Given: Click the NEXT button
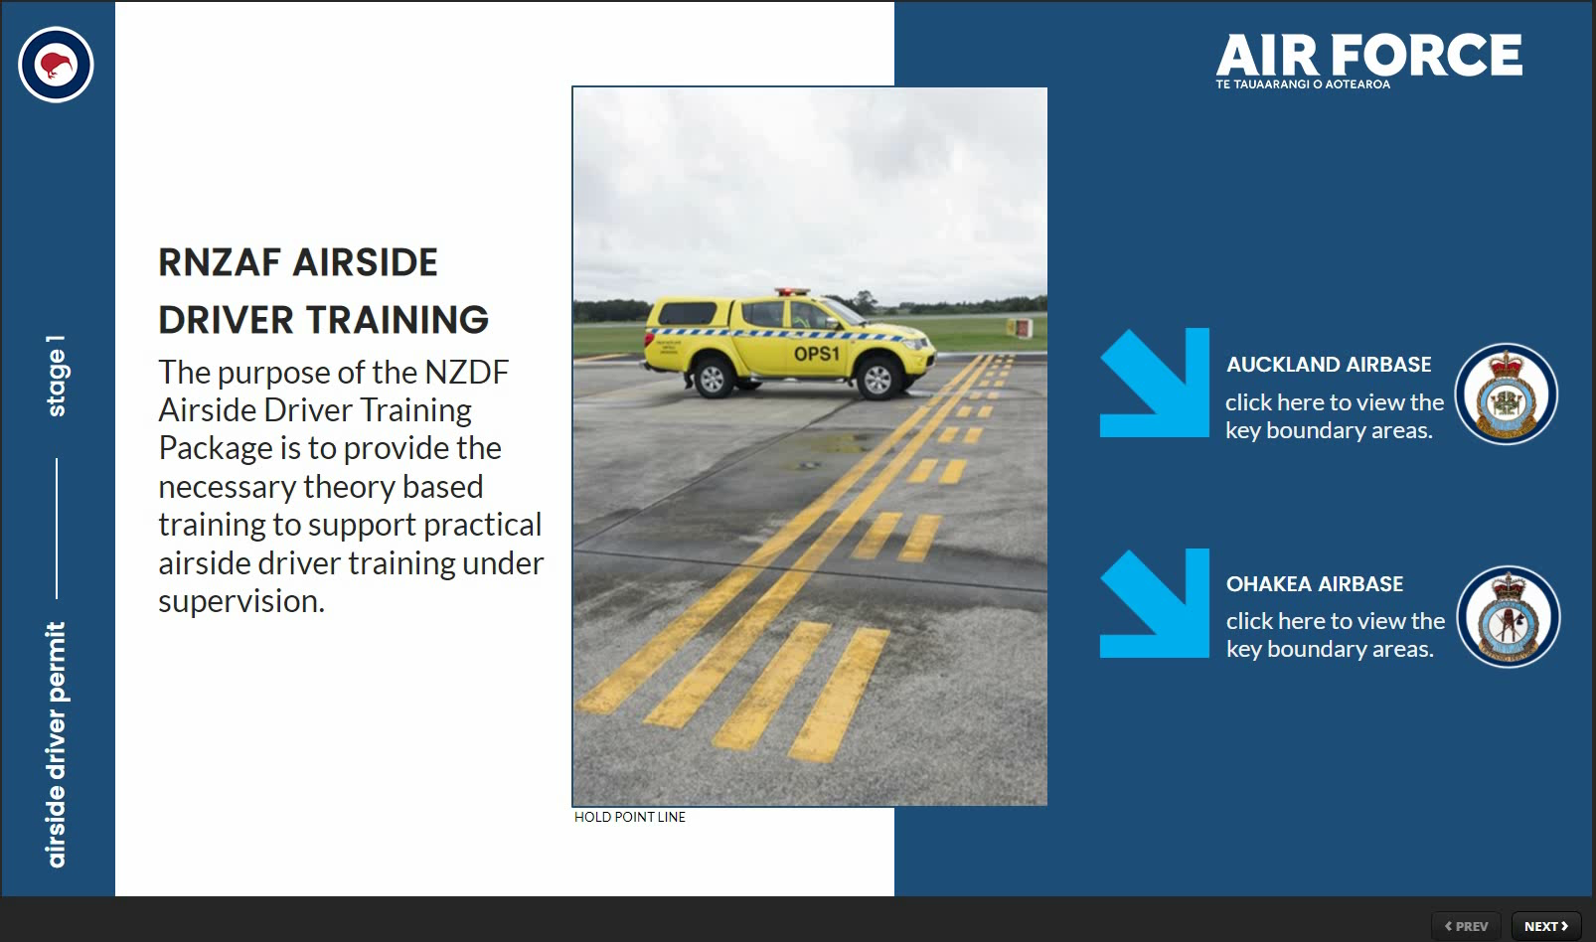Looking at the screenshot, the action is coord(1546,926).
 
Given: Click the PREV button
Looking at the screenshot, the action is coord(1466,926).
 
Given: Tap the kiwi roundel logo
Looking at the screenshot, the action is coord(56,65).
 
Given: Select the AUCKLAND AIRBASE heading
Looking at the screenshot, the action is coord(1329,364).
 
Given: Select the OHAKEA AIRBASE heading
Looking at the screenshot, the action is coord(1315,583).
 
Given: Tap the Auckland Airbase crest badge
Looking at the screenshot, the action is coord(1506,394).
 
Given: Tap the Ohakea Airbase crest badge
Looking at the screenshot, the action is coord(1508,616).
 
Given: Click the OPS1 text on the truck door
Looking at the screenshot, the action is coord(817,354).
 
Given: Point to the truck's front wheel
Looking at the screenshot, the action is coord(878,379).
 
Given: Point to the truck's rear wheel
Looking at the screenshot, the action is coord(711,377).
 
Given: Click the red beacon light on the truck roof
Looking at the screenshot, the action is coord(792,292).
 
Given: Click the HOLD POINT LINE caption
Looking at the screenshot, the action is coord(630,818).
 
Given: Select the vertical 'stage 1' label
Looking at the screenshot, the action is coord(56,376).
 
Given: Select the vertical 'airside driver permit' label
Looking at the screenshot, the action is coord(56,744).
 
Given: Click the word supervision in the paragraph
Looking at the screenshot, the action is coord(241,601).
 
